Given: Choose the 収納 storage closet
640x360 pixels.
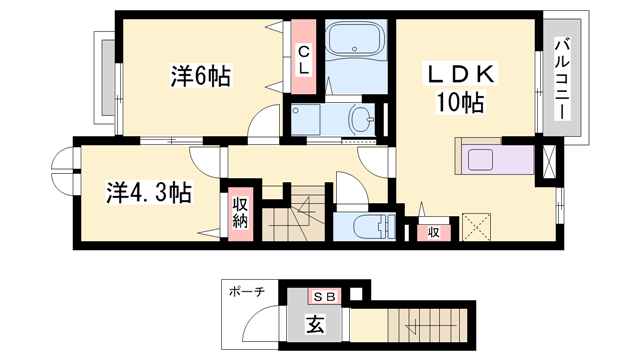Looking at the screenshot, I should pos(240,213).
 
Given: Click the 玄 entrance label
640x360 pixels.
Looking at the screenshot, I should pos(314,324).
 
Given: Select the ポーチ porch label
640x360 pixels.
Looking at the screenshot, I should pos(247,292).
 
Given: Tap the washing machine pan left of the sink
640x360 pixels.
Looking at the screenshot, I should pos(313,119).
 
